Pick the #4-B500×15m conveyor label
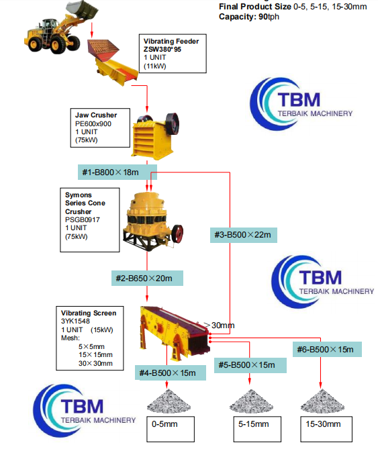167,372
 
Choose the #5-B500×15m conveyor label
246,364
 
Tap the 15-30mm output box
324,424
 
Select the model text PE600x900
93,123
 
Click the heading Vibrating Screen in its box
89,313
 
